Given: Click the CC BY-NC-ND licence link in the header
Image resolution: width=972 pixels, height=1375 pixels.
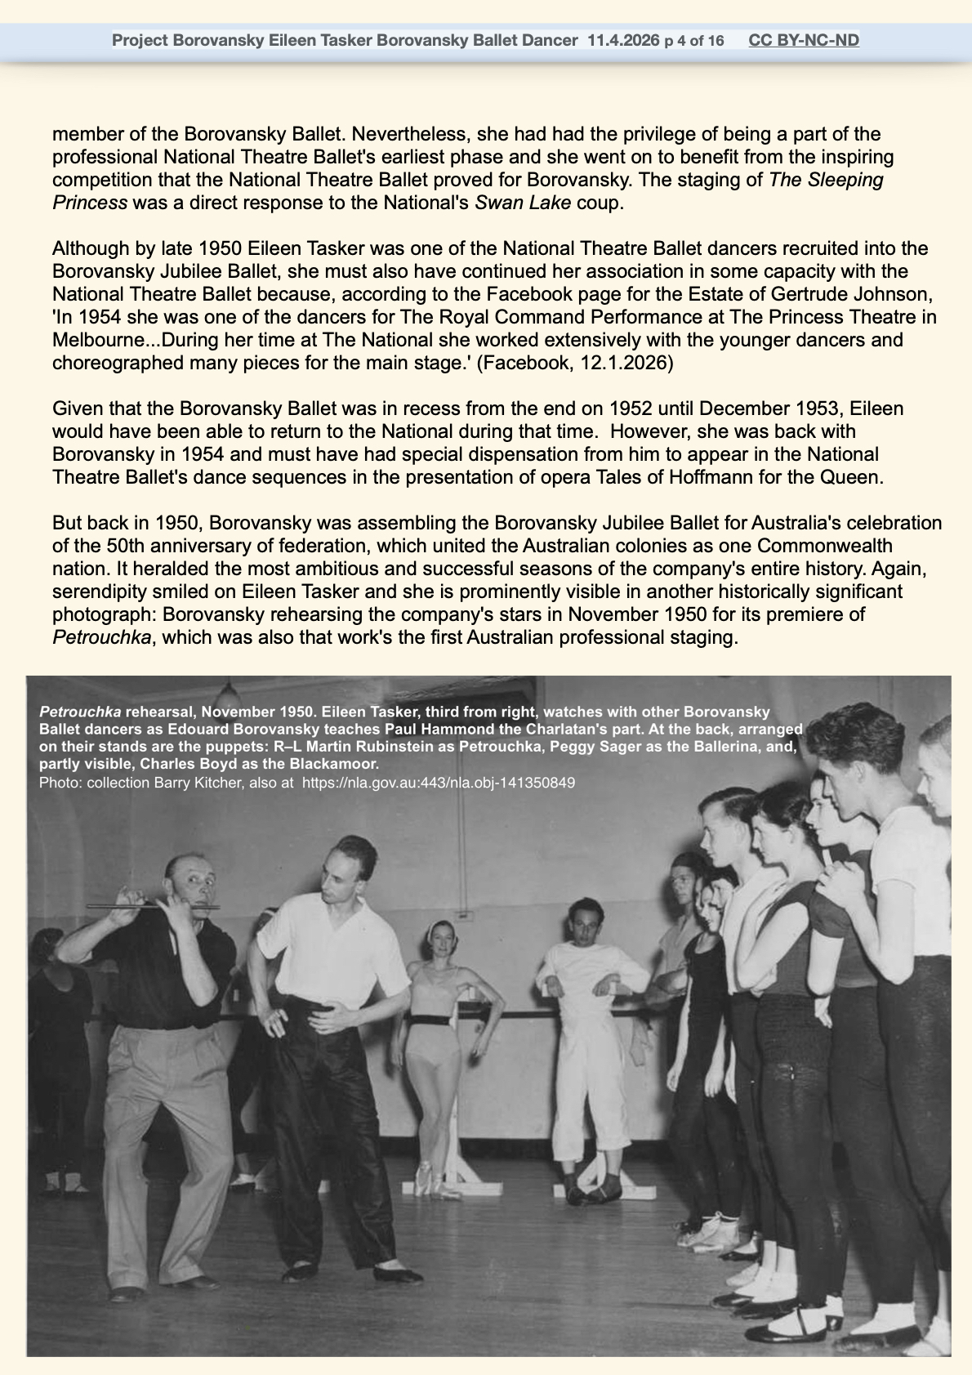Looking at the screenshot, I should point(804,40).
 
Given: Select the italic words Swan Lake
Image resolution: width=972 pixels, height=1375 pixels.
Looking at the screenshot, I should point(522,202).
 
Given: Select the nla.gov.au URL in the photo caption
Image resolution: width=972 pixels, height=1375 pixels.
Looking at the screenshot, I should point(439,782).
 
